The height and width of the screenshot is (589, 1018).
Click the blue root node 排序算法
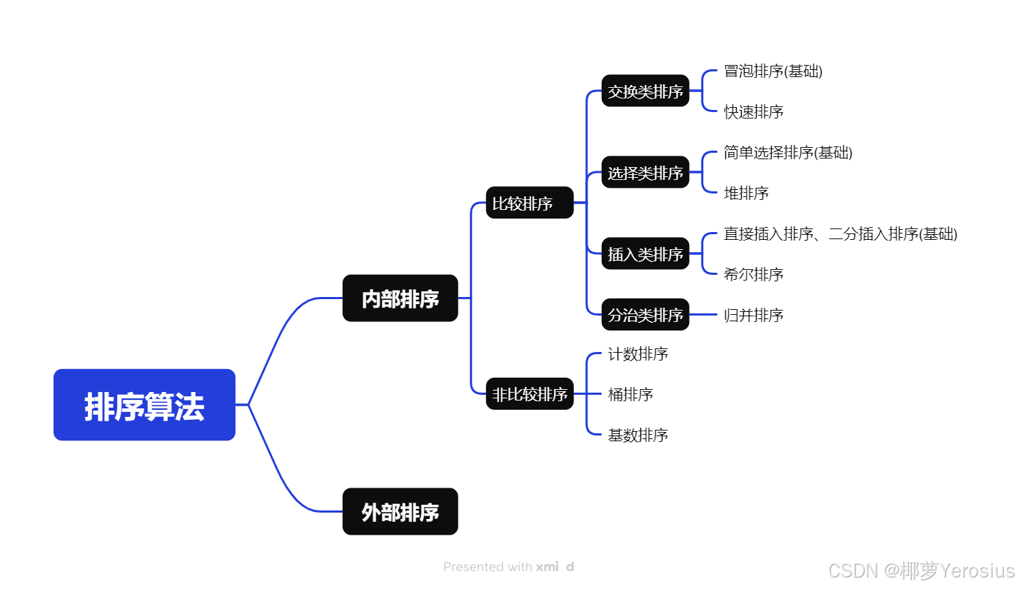tap(144, 405)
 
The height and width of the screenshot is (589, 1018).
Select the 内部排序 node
tap(400, 298)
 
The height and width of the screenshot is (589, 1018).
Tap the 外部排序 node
tap(400, 511)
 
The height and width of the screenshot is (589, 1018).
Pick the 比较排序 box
tap(529, 203)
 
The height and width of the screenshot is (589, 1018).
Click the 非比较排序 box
tap(529, 393)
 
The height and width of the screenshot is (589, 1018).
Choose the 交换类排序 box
tap(645, 91)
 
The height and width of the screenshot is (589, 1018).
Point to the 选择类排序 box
tap(645, 172)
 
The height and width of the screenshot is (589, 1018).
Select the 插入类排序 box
tap(645, 253)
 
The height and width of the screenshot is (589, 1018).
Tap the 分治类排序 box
tap(645, 314)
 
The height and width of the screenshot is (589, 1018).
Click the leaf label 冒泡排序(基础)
tap(773, 71)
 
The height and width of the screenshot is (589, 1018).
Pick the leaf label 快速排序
tap(754, 111)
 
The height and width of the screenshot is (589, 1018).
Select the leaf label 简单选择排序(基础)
tap(788, 152)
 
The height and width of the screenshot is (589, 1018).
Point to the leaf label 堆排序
tap(746, 193)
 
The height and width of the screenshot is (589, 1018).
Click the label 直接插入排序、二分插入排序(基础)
tap(840, 233)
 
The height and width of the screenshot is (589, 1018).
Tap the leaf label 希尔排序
tap(754, 274)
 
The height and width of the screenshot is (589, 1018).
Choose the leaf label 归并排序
tap(754, 315)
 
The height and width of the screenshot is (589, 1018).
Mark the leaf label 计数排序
tap(638, 353)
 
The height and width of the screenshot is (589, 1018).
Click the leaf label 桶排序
tap(630, 394)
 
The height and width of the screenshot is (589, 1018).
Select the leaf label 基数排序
tap(638, 435)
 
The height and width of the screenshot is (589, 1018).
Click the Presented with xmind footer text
tap(508, 567)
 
